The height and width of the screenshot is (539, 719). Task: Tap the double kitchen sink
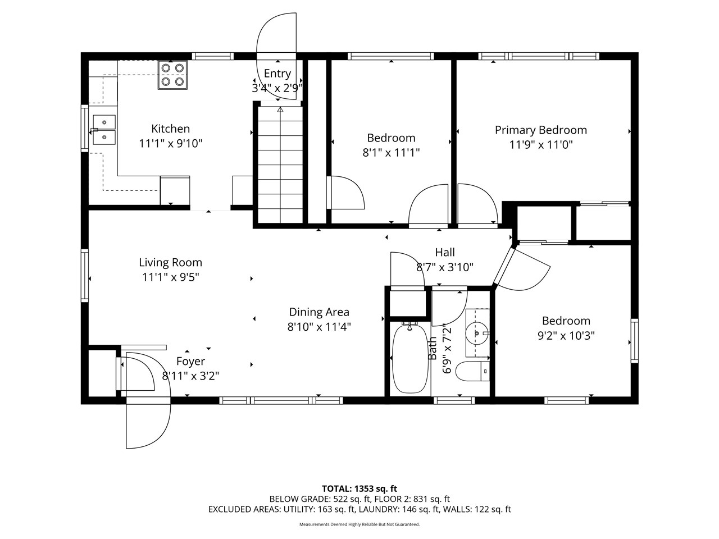tap(104, 129)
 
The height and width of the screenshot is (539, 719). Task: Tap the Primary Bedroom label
tap(540, 130)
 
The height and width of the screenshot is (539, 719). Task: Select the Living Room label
tap(170, 262)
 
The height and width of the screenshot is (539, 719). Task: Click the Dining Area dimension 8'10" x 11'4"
tap(319, 327)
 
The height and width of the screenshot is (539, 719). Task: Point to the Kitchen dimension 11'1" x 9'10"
tap(170, 143)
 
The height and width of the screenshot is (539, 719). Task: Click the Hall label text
tap(444, 253)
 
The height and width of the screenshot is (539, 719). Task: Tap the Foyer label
tap(190, 362)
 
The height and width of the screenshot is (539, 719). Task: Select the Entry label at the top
tap(277, 74)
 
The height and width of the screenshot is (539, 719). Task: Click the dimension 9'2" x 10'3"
tap(566, 336)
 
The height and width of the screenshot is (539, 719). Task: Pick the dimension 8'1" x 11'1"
tap(391, 152)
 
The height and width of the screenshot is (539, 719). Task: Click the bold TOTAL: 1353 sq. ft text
tap(359, 488)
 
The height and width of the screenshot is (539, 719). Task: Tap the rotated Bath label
tap(433, 348)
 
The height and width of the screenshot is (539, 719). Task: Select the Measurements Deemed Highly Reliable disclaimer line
tap(359, 524)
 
